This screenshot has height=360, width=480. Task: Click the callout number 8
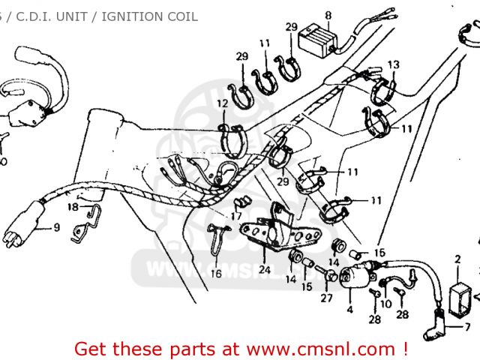point(328,15)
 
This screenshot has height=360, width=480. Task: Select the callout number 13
point(393,64)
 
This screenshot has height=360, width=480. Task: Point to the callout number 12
point(222,103)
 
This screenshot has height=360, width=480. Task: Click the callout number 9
point(56,227)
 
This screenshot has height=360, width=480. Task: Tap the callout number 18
point(73,206)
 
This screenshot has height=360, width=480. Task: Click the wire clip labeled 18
point(88,221)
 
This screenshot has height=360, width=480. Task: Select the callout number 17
point(236,217)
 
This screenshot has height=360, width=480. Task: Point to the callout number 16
point(216,274)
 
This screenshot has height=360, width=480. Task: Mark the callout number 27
point(325,298)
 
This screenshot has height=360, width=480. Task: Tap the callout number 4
point(349,309)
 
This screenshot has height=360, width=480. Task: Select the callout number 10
point(386,304)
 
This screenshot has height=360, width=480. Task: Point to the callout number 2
point(457,260)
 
